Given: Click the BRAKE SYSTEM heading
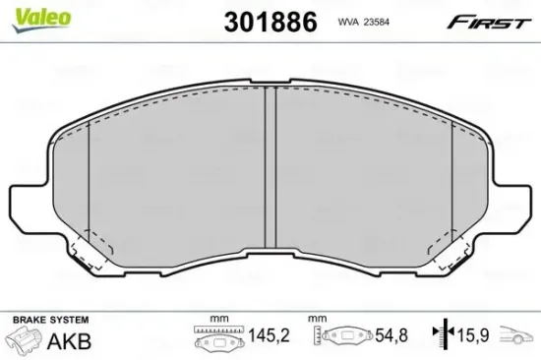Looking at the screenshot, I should click(48, 321).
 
